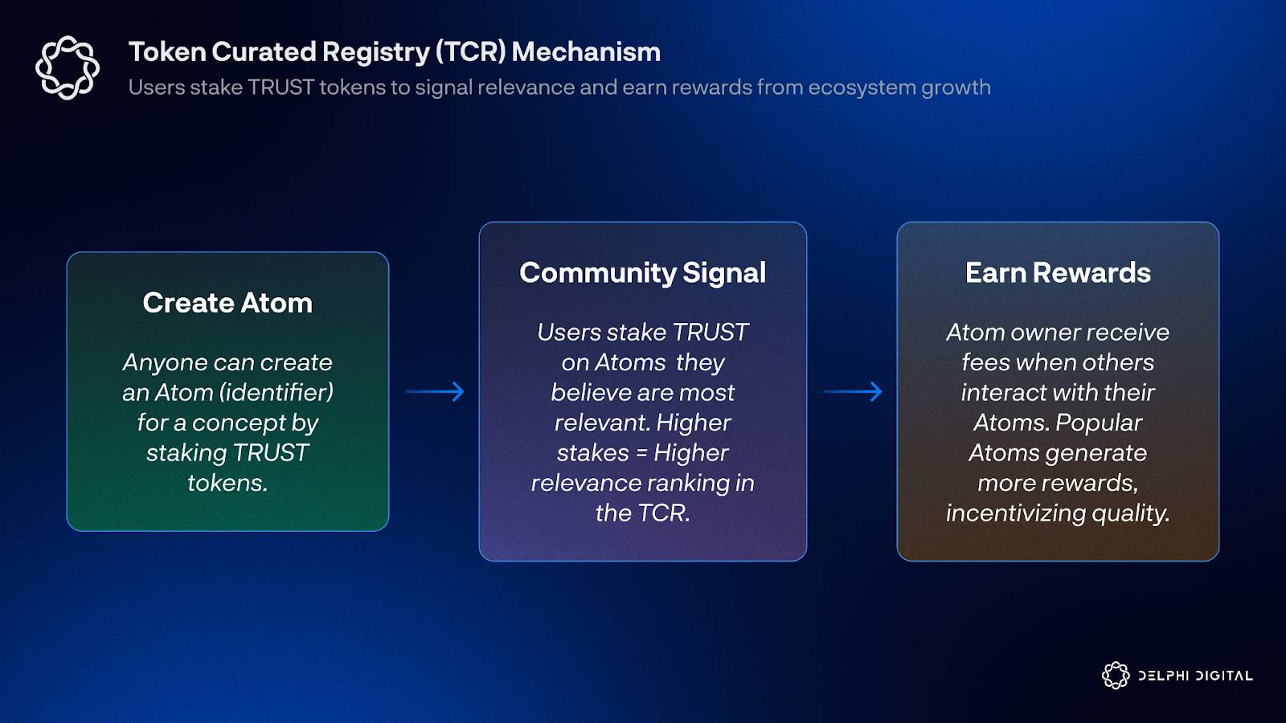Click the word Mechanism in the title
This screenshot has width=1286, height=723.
pos(586,51)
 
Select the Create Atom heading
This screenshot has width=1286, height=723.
pos(227,302)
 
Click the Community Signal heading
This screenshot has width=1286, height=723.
pos(642,273)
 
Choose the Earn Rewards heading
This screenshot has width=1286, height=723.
pos(1058,272)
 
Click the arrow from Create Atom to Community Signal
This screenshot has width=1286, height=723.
pos(435,392)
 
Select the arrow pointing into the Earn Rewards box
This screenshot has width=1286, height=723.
pos(853,392)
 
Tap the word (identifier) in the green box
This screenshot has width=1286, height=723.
pos(276,393)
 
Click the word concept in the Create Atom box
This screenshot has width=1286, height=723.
pos(238,423)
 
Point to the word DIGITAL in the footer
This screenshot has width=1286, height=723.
pos(1223,676)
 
